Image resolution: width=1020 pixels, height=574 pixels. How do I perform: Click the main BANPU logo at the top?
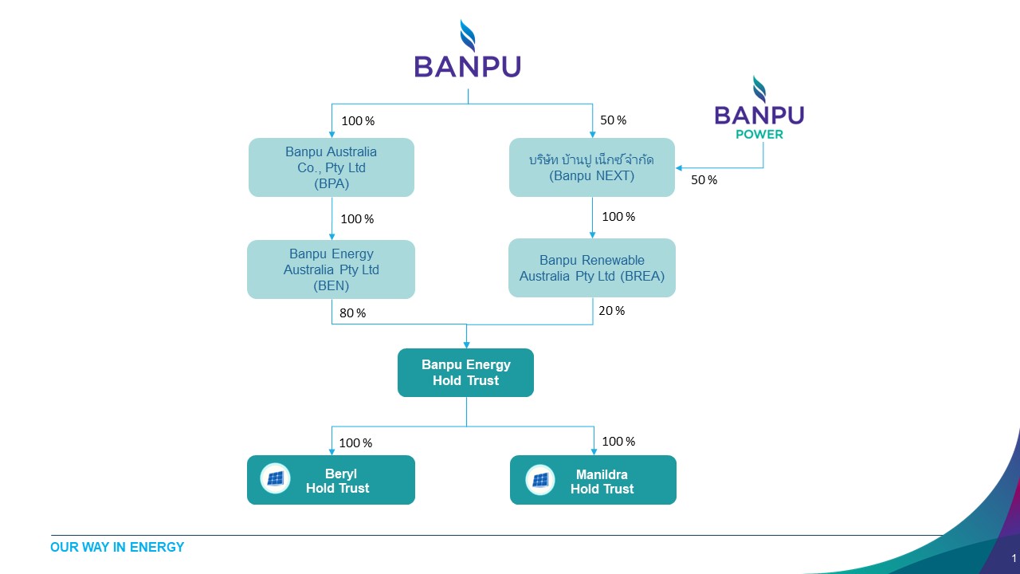(x=467, y=49)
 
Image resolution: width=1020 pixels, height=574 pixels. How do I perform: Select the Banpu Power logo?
(x=759, y=108)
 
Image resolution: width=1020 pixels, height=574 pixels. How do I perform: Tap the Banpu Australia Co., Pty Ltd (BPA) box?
(x=331, y=167)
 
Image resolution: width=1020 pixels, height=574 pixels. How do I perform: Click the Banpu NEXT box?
(x=592, y=167)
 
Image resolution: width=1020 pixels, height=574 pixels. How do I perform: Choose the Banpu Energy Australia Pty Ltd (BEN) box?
(x=331, y=269)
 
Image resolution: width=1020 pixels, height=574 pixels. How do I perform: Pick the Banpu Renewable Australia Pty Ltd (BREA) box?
(x=592, y=268)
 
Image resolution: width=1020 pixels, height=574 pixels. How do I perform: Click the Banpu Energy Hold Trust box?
(x=465, y=372)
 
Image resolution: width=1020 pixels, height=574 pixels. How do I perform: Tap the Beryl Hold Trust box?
(x=331, y=480)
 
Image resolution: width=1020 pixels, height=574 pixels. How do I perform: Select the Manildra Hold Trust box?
(x=593, y=480)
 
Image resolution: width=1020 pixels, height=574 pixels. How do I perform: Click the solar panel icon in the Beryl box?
(x=275, y=478)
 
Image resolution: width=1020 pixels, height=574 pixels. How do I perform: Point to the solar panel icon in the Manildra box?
(x=540, y=480)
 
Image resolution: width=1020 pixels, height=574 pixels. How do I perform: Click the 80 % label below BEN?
(x=352, y=313)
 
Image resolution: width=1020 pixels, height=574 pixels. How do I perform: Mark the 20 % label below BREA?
(x=611, y=311)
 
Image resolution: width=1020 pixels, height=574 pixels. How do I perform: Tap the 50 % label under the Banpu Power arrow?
(x=704, y=180)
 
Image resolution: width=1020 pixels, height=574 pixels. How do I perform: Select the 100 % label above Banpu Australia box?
(x=358, y=120)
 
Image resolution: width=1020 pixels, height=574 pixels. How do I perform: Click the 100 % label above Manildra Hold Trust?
(x=618, y=441)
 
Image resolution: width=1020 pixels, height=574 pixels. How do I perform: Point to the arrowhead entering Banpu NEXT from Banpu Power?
(x=678, y=168)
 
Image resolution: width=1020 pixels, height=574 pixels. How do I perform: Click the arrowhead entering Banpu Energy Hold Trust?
(x=466, y=345)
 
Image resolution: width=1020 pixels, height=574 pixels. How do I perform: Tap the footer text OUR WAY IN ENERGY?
(x=117, y=547)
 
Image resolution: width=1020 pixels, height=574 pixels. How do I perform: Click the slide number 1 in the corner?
(x=1014, y=558)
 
